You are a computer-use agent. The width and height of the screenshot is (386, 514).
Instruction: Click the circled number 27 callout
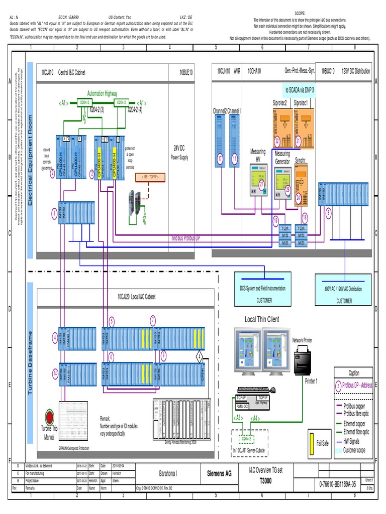point(261,184)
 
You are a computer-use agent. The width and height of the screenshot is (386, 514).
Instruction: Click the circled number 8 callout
point(328,212)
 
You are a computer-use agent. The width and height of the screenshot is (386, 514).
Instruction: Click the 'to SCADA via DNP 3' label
point(303,90)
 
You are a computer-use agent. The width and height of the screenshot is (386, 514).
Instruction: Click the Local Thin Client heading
point(261,319)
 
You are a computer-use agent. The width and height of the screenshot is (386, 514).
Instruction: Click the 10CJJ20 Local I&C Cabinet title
point(136,297)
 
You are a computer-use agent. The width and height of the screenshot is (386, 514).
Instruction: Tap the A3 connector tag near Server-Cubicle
point(239,417)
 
